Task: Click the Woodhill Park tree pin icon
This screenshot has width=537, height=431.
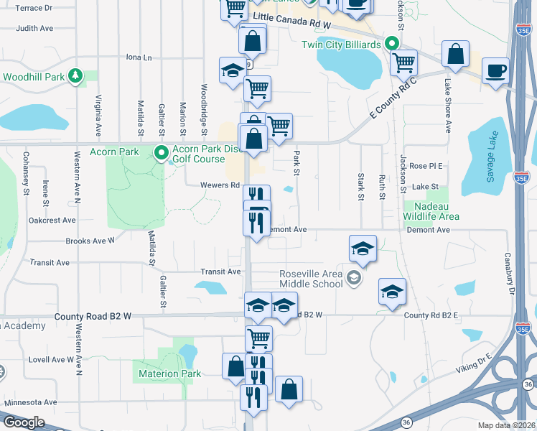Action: point(75,76)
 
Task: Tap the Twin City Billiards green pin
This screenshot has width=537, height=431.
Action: point(391,44)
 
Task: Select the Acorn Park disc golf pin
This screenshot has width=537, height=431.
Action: point(162,152)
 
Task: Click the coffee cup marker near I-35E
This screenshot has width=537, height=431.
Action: point(495,71)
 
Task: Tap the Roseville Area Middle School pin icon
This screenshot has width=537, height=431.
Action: point(353,277)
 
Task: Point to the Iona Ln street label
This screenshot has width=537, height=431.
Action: point(139,57)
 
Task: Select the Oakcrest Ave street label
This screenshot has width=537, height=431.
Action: point(52,221)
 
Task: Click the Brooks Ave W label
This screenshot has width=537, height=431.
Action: point(90,241)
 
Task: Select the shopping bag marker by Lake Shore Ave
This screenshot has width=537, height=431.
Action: point(456,53)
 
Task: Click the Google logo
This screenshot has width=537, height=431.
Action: point(24,422)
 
